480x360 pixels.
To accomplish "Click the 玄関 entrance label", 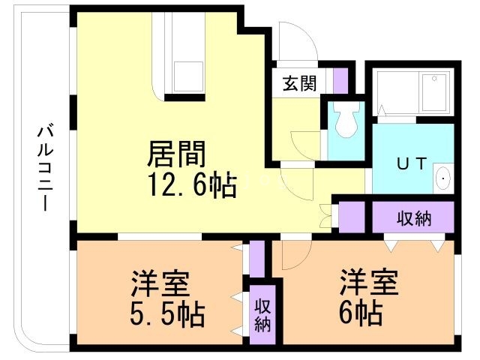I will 298,83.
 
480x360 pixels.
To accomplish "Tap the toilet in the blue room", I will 346,122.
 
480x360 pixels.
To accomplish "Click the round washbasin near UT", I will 443,180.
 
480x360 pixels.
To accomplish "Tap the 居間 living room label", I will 177,154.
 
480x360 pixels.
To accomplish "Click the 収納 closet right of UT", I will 414,218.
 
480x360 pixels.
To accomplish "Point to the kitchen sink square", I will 189,75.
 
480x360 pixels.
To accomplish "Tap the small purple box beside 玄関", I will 341,80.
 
